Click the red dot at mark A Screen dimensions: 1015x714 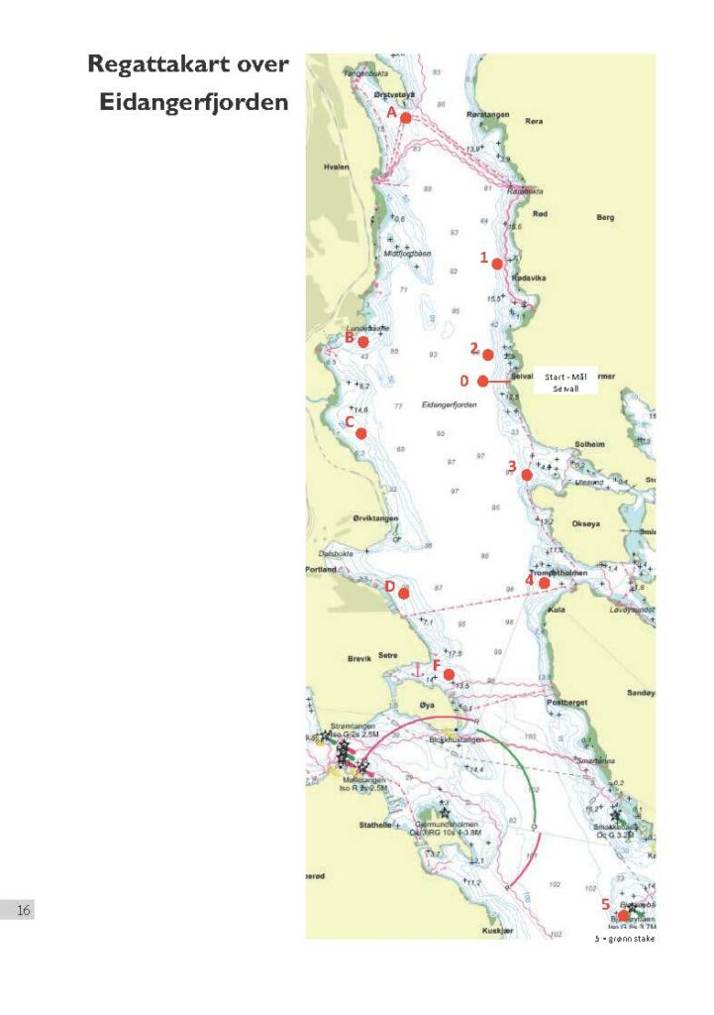405,118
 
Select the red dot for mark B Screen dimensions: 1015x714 363,342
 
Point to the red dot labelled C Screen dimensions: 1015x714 362,433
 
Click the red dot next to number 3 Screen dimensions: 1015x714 527,476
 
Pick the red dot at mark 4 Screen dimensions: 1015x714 544,583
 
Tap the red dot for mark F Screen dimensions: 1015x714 449,675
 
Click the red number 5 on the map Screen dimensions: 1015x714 605,904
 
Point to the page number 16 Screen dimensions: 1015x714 24,910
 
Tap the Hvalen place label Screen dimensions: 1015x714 337,168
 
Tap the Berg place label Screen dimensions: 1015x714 606,217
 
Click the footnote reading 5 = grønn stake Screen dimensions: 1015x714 624,938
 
